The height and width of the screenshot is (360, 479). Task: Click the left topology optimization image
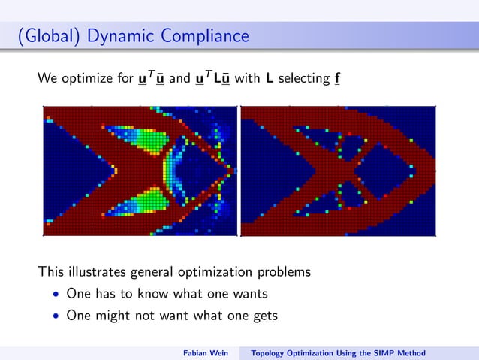pos(140,171)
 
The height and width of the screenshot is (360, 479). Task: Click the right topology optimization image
pos(338,171)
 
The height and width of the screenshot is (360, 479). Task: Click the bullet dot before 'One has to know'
pos(56,294)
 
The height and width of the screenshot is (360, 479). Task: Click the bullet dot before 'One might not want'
pos(56,316)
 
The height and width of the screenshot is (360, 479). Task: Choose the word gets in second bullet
pos(262,316)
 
